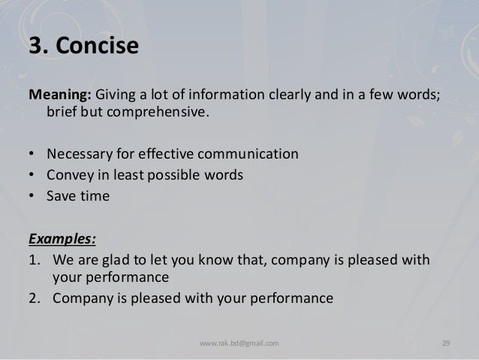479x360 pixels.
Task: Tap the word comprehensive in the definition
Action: [x=156, y=113]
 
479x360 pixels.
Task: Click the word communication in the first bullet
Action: [x=248, y=155]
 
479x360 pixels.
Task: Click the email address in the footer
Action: [x=239, y=343]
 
